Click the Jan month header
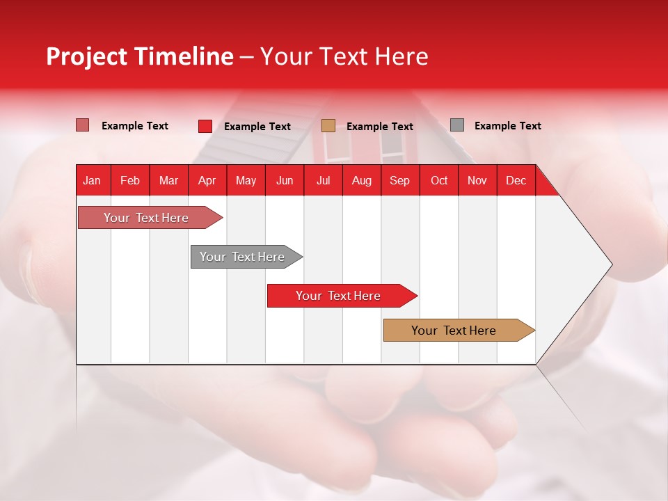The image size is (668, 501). (x=92, y=181)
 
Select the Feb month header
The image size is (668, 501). (x=130, y=181)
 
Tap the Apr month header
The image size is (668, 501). (x=207, y=181)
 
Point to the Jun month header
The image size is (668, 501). (x=285, y=181)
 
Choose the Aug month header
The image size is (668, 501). (x=361, y=181)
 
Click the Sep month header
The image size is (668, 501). (x=399, y=181)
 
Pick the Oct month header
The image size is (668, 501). (x=439, y=181)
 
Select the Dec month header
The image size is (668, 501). (x=516, y=181)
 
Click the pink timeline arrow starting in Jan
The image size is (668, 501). (x=146, y=218)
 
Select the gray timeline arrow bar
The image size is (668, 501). (x=242, y=257)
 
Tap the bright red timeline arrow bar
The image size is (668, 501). (x=338, y=296)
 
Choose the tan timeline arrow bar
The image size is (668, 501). (x=454, y=331)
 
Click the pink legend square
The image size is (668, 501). (x=82, y=125)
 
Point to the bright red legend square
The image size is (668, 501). (x=205, y=126)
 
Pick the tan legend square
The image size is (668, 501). (x=328, y=125)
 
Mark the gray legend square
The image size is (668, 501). (x=457, y=125)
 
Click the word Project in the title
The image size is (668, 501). (x=86, y=56)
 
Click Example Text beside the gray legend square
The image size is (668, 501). (x=507, y=126)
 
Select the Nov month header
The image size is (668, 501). (x=477, y=181)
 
